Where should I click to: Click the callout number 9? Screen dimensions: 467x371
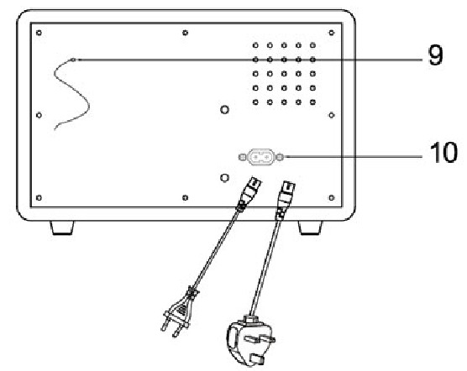(x=435, y=55)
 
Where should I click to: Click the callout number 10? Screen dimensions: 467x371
(x=443, y=152)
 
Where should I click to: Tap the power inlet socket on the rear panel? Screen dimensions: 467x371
(x=261, y=157)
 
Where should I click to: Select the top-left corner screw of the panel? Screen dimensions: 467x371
(x=39, y=33)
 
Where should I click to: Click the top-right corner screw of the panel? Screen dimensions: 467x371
(x=332, y=33)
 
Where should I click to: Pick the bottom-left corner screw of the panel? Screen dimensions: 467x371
(x=39, y=197)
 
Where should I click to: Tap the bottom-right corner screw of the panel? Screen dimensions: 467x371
(x=332, y=197)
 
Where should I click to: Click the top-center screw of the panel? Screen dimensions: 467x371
(x=185, y=33)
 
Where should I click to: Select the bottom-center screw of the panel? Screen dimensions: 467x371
(x=185, y=197)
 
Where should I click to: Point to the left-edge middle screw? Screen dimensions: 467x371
(x=39, y=115)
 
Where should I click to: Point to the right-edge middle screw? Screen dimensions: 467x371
(x=332, y=115)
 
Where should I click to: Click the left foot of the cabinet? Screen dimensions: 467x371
(x=62, y=227)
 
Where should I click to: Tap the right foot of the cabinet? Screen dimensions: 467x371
(x=310, y=227)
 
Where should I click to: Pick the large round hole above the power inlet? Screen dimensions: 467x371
(x=224, y=110)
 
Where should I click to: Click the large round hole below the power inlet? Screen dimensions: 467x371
(x=224, y=178)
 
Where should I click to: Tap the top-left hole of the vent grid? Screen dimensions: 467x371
(x=255, y=45)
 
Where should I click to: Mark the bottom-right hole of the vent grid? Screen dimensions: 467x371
(x=312, y=102)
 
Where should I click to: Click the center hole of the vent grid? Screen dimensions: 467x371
(x=284, y=74)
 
